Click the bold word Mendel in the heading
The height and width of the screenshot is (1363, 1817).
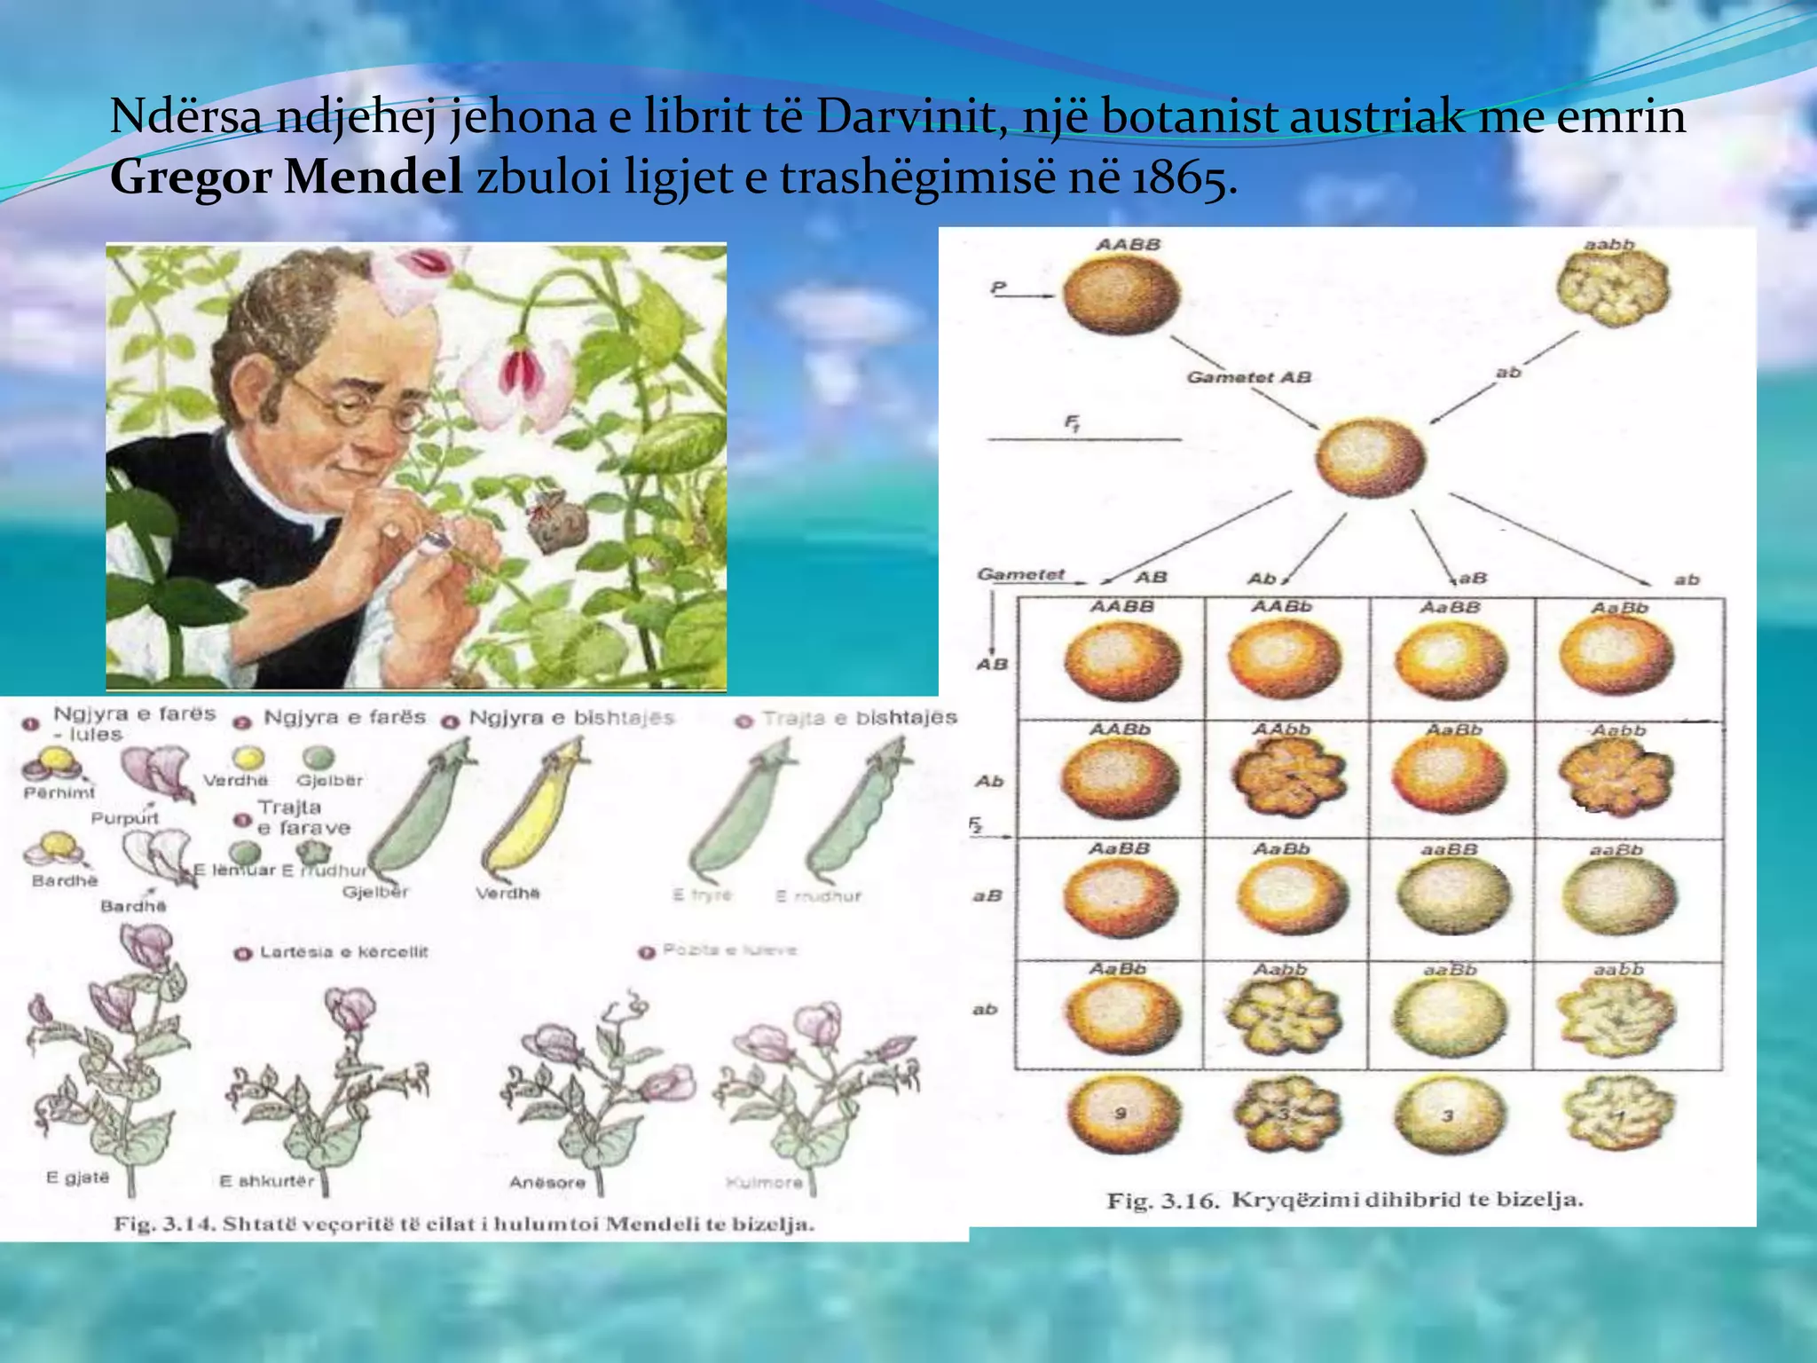(x=372, y=177)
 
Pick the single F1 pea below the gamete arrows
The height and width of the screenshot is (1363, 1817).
(x=1371, y=458)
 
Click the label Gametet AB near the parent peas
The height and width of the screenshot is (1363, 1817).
(x=1248, y=377)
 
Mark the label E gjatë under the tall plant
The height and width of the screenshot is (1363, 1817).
(x=78, y=1178)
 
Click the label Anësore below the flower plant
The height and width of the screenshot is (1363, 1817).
(x=547, y=1183)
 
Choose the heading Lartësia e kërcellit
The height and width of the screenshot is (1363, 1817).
(x=343, y=952)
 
